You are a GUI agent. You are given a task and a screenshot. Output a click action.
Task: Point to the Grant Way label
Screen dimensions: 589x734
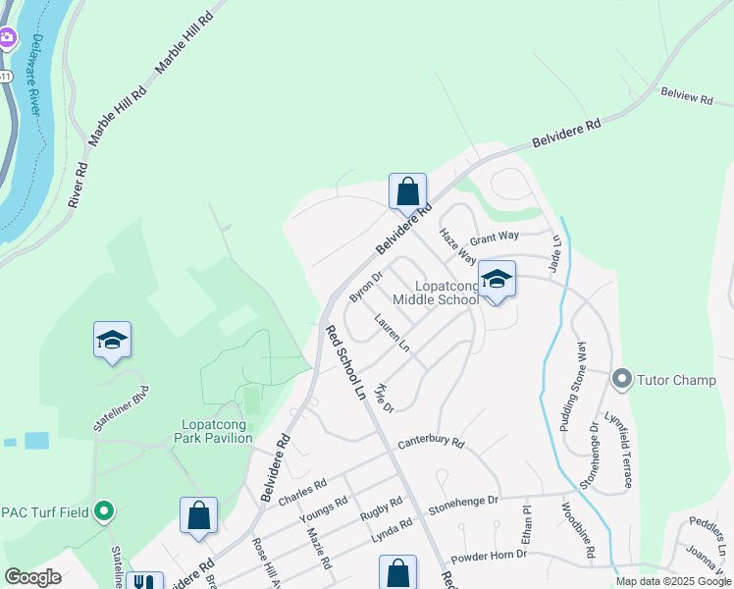[x=494, y=237]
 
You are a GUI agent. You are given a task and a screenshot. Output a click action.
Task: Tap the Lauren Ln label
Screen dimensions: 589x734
[x=392, y=334]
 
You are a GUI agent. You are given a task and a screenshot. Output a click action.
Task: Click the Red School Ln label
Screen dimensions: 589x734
[x=345, y=362]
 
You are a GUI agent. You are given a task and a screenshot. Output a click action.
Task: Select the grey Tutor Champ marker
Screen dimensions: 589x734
[x=621, y=378]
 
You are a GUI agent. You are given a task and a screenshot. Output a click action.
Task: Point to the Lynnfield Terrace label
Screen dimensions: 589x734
[x=620, y=449]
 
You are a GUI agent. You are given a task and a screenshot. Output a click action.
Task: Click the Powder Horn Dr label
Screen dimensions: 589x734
[x=489, y=555]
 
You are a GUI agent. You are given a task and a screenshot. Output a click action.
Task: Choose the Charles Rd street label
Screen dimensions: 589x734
[x=302, y=488]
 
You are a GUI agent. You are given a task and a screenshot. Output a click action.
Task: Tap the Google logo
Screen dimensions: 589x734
[x=32, y=577]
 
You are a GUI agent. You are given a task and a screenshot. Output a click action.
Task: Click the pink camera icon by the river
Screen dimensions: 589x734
[x=7, y=38]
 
